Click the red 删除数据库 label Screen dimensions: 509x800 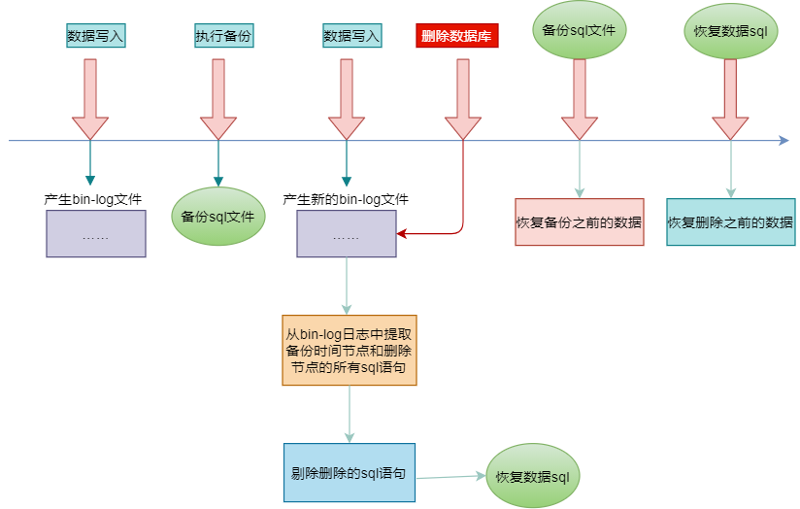pyautogui.click(x=456, y=36)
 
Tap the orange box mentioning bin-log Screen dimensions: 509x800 pyautogui.click(x=350, y=349)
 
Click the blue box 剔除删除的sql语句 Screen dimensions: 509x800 pyautogui.click(x=350, y=473)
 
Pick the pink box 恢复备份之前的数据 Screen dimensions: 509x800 pyautogui.click(x=579, y=221)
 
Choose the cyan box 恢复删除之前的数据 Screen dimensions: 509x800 pyautogui.click(x=730, y=221)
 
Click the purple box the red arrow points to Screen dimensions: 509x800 pyautogui.click(x=346, y=234)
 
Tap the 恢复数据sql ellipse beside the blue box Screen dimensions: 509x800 pyautogui.click(x=531, y=476)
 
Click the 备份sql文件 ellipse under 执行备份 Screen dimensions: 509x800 pyautogui.click(x=217, y=216)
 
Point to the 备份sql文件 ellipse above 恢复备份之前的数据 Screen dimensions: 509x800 pyautogui.click(x=579, y=29)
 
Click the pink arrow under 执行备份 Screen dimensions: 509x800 pyautogui.click(x=217, y=97)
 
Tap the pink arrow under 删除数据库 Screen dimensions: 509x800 pyautogui.click(x=462, y=97)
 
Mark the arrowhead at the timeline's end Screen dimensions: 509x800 pyautogui.click(x=783, y=142)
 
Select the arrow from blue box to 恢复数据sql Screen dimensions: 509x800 pyautogui.click(x=450, y=476)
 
